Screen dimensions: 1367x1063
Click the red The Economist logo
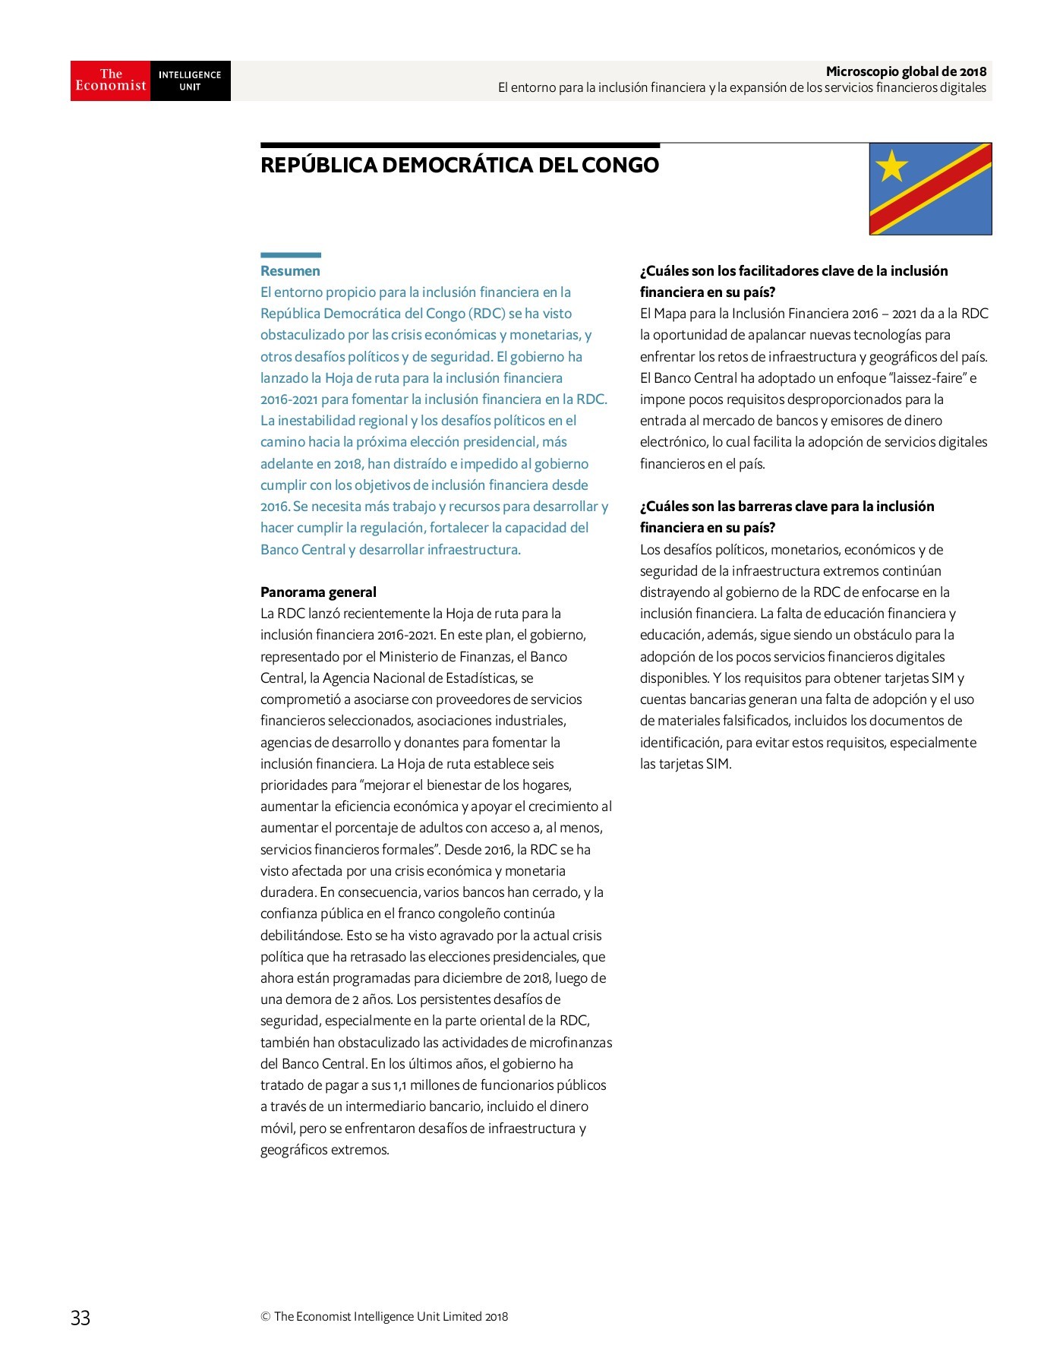(111, 81)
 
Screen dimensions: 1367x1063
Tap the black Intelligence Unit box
(190, 81)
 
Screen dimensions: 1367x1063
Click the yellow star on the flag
(891, 166)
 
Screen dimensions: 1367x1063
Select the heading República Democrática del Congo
(459, 166)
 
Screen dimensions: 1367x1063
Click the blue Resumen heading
(290, 271)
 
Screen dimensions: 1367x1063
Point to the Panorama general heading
(318, 592)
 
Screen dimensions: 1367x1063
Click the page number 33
(80, 1318)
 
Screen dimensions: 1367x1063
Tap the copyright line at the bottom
(384, 1317)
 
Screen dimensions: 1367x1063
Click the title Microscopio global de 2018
(906, 71)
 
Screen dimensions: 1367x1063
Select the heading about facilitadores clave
(793, 281)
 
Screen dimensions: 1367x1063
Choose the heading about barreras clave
(787, 516)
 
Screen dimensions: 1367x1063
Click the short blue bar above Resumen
(290, 255)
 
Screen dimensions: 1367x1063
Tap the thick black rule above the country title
(459, 144)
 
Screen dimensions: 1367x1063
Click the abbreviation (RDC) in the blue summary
(487, 314)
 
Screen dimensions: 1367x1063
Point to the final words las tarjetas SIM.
(685, 764)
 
